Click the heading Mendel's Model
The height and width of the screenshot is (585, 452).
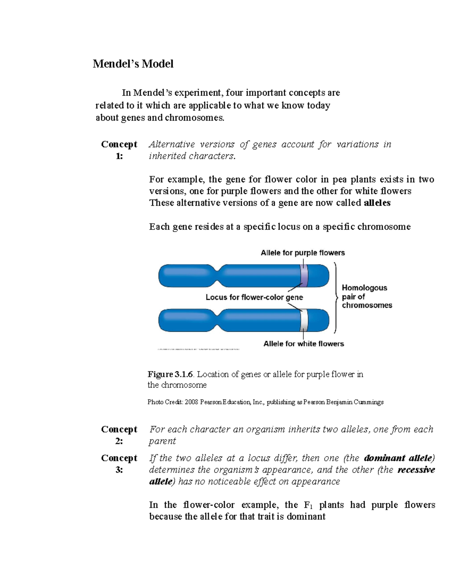[133, 64]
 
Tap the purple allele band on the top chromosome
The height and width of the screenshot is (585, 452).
[304, 275]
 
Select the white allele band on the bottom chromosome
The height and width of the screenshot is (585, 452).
[304, 320]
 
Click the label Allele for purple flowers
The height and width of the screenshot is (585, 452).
[302, 253]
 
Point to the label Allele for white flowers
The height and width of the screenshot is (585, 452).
[304, 344]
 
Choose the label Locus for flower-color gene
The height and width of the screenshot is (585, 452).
[254, 297]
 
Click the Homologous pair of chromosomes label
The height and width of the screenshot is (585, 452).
[366, 296]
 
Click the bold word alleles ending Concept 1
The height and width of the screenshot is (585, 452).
[377, 203]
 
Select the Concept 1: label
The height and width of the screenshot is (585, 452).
[119, 150]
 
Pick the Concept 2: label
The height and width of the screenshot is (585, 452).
[119, 435]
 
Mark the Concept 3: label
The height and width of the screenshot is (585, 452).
[119, 464]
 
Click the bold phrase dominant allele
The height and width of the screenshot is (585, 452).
[399, 458]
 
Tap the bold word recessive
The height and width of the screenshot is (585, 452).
[416, 470]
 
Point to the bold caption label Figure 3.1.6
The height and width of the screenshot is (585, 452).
[170, 374]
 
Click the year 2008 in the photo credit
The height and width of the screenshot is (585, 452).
[191, 402]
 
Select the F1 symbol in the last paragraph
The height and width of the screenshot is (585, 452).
[306, 505]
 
